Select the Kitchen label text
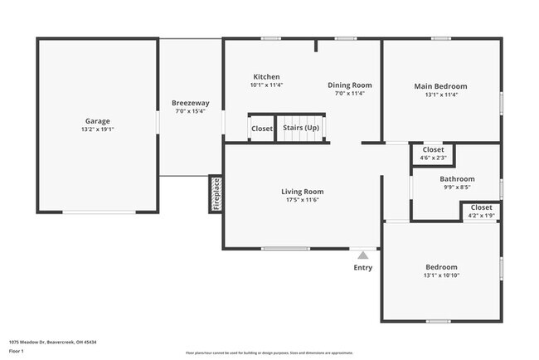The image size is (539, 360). click(266, 76)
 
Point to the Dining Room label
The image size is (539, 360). click(349, 85)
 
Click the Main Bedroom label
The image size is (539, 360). click(440, 85)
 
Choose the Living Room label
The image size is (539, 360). click(302, 192)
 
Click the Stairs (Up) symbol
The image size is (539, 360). click(302, 129)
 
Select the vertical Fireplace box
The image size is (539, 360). click(216, 194)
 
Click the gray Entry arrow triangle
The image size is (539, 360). click(362, 255)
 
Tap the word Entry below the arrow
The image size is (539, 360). click(363, 267)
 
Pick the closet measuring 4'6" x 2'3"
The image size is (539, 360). click(433, 153)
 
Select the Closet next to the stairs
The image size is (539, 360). click(262, 129)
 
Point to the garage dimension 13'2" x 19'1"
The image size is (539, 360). click(97, 129)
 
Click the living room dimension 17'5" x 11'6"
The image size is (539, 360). click(302, 200)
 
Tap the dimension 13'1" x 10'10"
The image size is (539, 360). click(440, 275)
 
